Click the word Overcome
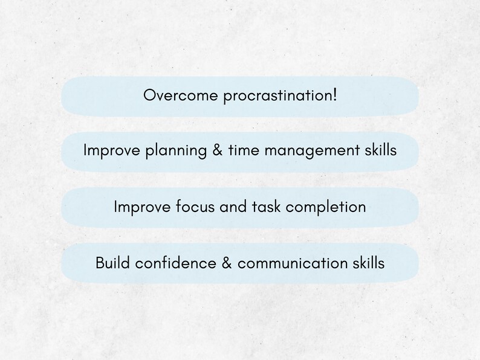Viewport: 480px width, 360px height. (172, 95)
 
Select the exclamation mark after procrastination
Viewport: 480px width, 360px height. (334, 95)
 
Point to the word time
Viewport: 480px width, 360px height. (242, 150)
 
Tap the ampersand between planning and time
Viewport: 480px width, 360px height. (217, 150)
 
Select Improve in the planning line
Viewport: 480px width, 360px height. (112, 150)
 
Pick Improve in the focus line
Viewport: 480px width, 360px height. (143, 207)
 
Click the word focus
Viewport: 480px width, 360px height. (195, 207)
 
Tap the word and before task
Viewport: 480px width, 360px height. (234, 207)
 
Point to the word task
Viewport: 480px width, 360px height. (267, 207)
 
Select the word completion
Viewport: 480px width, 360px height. (326, 207)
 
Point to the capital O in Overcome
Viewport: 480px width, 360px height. (149, 95)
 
